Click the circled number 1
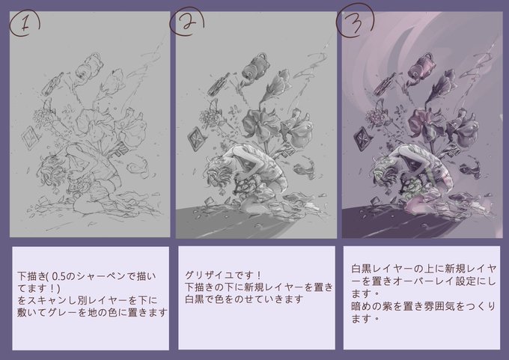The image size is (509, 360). (25, 25)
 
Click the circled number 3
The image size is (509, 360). (355, 20)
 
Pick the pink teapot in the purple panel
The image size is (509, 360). (423, 67)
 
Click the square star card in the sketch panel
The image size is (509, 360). (31, 138)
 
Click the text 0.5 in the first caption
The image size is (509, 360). (58, 276)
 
